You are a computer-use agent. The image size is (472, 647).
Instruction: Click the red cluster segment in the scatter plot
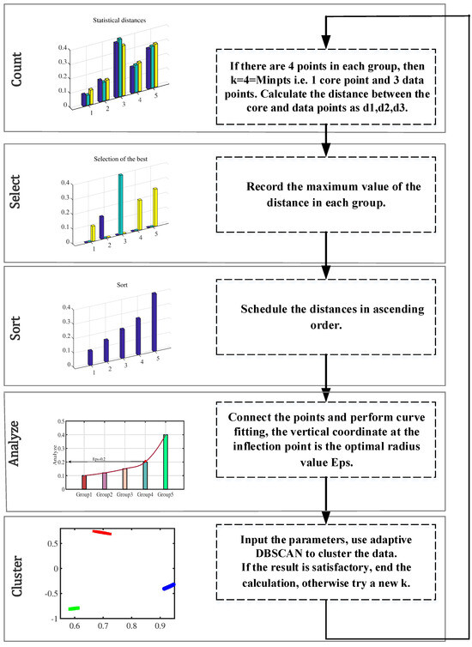(102, 533)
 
